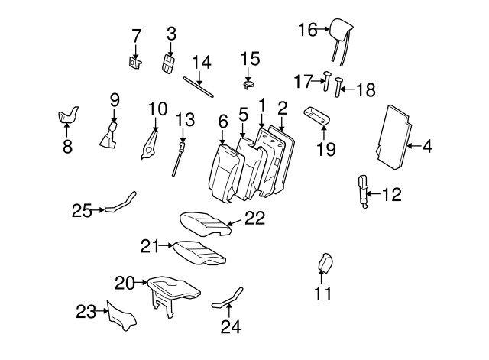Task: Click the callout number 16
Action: (x=307, y=30)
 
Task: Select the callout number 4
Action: (x=428, y=146)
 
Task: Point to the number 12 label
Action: (x=392, y=194)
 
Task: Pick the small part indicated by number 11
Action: (x=325, y=263)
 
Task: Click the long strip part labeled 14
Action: (x=198, y=87)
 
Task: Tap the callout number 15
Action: (x=250, y=59)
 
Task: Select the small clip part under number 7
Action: (x=135, y=63)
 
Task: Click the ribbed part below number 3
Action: (x=168, y=64)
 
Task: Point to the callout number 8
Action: (x=67, y=146)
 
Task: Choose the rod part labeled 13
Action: (x=178, y=159)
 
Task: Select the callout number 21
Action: (x=150, y=246)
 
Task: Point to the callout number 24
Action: (x=231, y=326)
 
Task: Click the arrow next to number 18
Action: (x=347, y=89)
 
